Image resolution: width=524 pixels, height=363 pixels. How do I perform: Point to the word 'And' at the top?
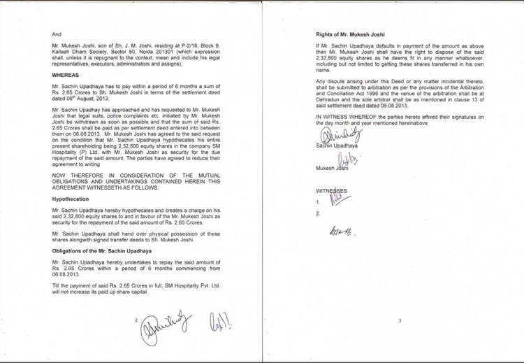pyautogui.click(x=57, y=34)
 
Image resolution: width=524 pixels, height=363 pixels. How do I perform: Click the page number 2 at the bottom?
pyautogui.click(x=138, y=320)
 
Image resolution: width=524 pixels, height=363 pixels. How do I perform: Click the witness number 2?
pyautogui.click(x=318, y=213)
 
